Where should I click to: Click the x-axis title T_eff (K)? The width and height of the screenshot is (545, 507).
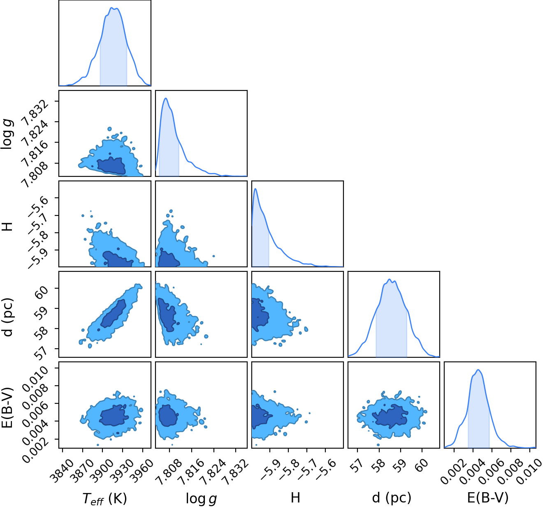click(x=104, y=498)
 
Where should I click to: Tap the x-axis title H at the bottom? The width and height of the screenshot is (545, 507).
click(x=295, y=497)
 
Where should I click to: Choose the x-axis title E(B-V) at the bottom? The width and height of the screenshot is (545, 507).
click(x=488, y=498)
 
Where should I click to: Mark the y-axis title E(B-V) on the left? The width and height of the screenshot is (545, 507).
click(x=7, y=408)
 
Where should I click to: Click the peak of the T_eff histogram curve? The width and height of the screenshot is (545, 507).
click(x=111, y=7)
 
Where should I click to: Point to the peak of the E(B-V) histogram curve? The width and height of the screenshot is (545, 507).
click(x=478, y=370)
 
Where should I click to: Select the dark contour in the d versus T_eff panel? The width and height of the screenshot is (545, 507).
click(x=113, y=313)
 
